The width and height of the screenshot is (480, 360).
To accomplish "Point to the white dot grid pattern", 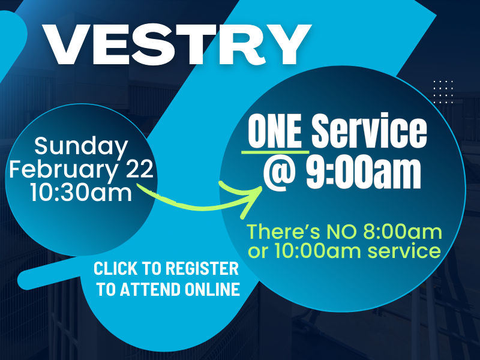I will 443,92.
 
